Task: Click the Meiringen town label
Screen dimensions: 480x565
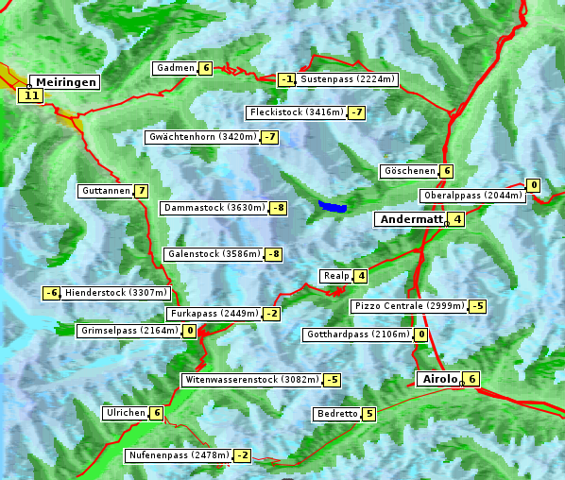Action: pos(64,82)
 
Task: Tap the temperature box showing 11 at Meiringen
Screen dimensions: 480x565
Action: pos(31,95)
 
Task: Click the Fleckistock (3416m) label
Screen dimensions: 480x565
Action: pos(296,112)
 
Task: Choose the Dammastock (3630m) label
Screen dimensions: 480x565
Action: pos(214,207)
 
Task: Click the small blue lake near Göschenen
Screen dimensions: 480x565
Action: pos(333,206)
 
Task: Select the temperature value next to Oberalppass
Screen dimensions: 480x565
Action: pos(534,185)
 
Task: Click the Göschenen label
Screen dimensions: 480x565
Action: pos(409,171)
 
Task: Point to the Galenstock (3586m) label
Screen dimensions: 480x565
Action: pos(213,254)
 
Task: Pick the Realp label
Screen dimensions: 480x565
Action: pos(335,276)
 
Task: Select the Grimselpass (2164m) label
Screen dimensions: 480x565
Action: pos(128,331)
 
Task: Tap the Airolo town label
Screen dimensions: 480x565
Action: pos(439,379)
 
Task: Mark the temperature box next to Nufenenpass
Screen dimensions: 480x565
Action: pos(243,455)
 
